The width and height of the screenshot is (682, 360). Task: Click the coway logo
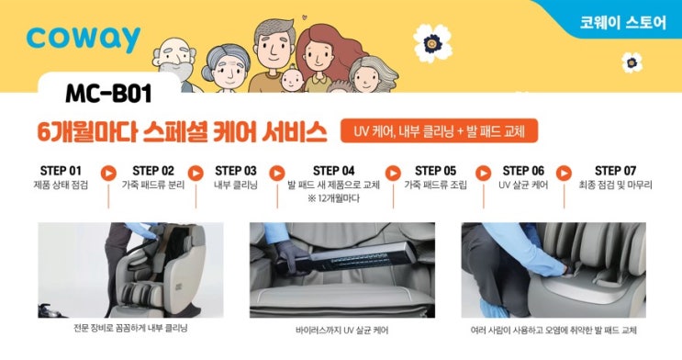[x=84, y=39]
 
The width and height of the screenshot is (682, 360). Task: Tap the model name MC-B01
[x=108, y=94]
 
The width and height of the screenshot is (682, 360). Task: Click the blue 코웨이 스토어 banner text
[x=622, y=22]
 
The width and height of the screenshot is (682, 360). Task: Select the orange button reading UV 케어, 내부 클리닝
[x=439, y=130]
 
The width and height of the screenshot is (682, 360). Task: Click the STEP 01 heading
[x=61, y=171]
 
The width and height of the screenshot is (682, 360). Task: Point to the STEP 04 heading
[x=333, y=171]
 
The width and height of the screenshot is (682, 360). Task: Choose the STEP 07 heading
[x=615, y=171]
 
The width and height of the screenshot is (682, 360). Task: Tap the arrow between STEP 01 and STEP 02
[x=108, y=174]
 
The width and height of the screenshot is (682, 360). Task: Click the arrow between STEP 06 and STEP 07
[x=564, y=174]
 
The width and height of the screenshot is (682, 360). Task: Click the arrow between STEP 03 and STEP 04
[x=277, y=174]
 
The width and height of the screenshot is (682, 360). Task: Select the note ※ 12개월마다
[x=333, y=198]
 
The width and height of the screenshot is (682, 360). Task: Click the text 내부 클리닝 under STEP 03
[x=236, y=185]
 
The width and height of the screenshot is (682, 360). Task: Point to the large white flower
[x=432, y=43]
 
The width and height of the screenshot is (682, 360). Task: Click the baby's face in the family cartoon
[x=292, y=80]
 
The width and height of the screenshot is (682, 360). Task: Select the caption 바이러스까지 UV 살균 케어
[x=341, y=331]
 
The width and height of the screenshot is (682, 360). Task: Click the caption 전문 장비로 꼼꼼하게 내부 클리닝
[x=130, y=328]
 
